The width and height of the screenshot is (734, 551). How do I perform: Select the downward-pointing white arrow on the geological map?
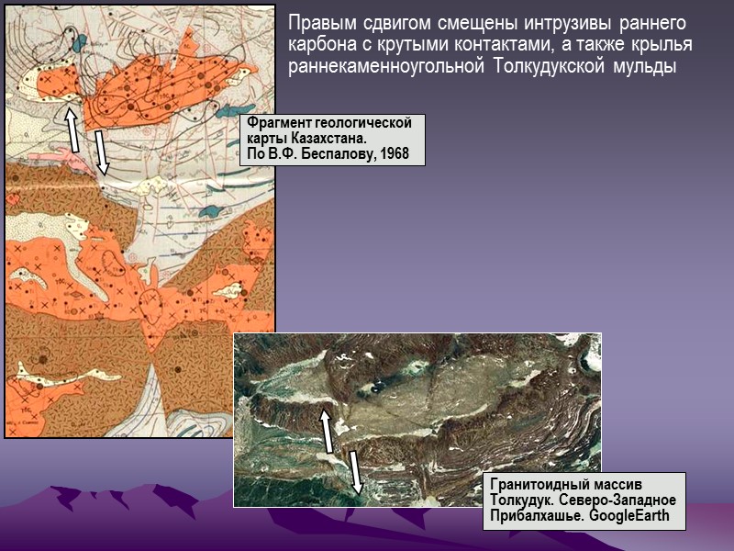(x=101, y=152)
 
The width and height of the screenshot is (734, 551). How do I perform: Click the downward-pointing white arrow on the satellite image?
(x=354, y=471)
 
